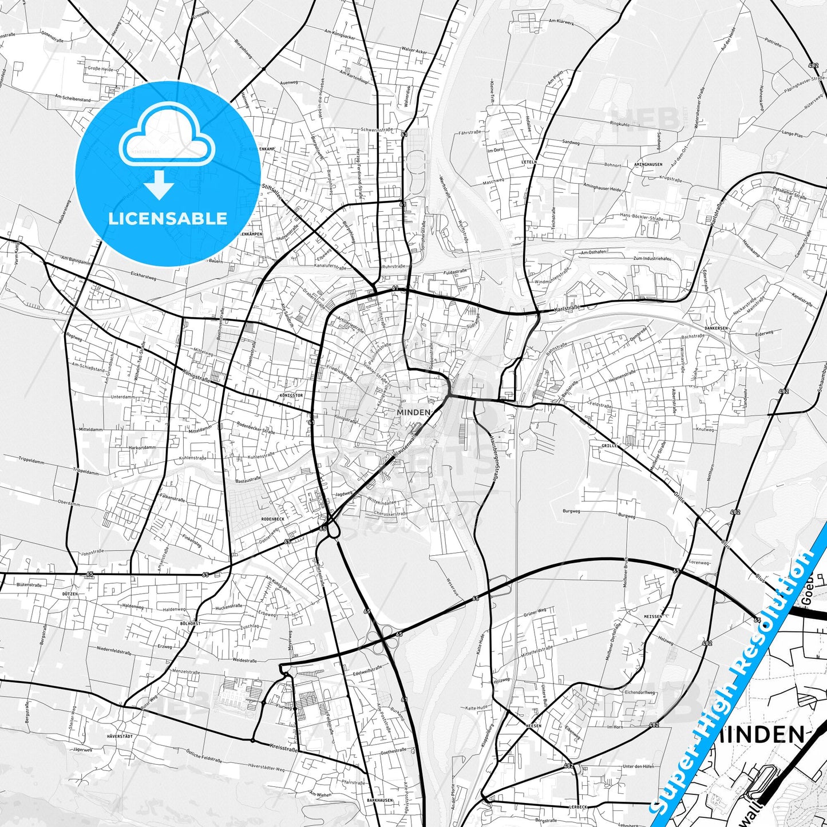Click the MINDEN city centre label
coord(414,412)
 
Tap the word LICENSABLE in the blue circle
coord(168,219)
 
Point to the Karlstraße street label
coord(567,308)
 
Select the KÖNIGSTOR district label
coord(291,395)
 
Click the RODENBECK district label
coord(272,519)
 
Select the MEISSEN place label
coord(652,616)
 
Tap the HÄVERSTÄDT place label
coord(119,736)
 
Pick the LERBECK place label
coord(578,807)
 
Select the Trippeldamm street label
coord(20,458)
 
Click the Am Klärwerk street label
coord(561,21)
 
